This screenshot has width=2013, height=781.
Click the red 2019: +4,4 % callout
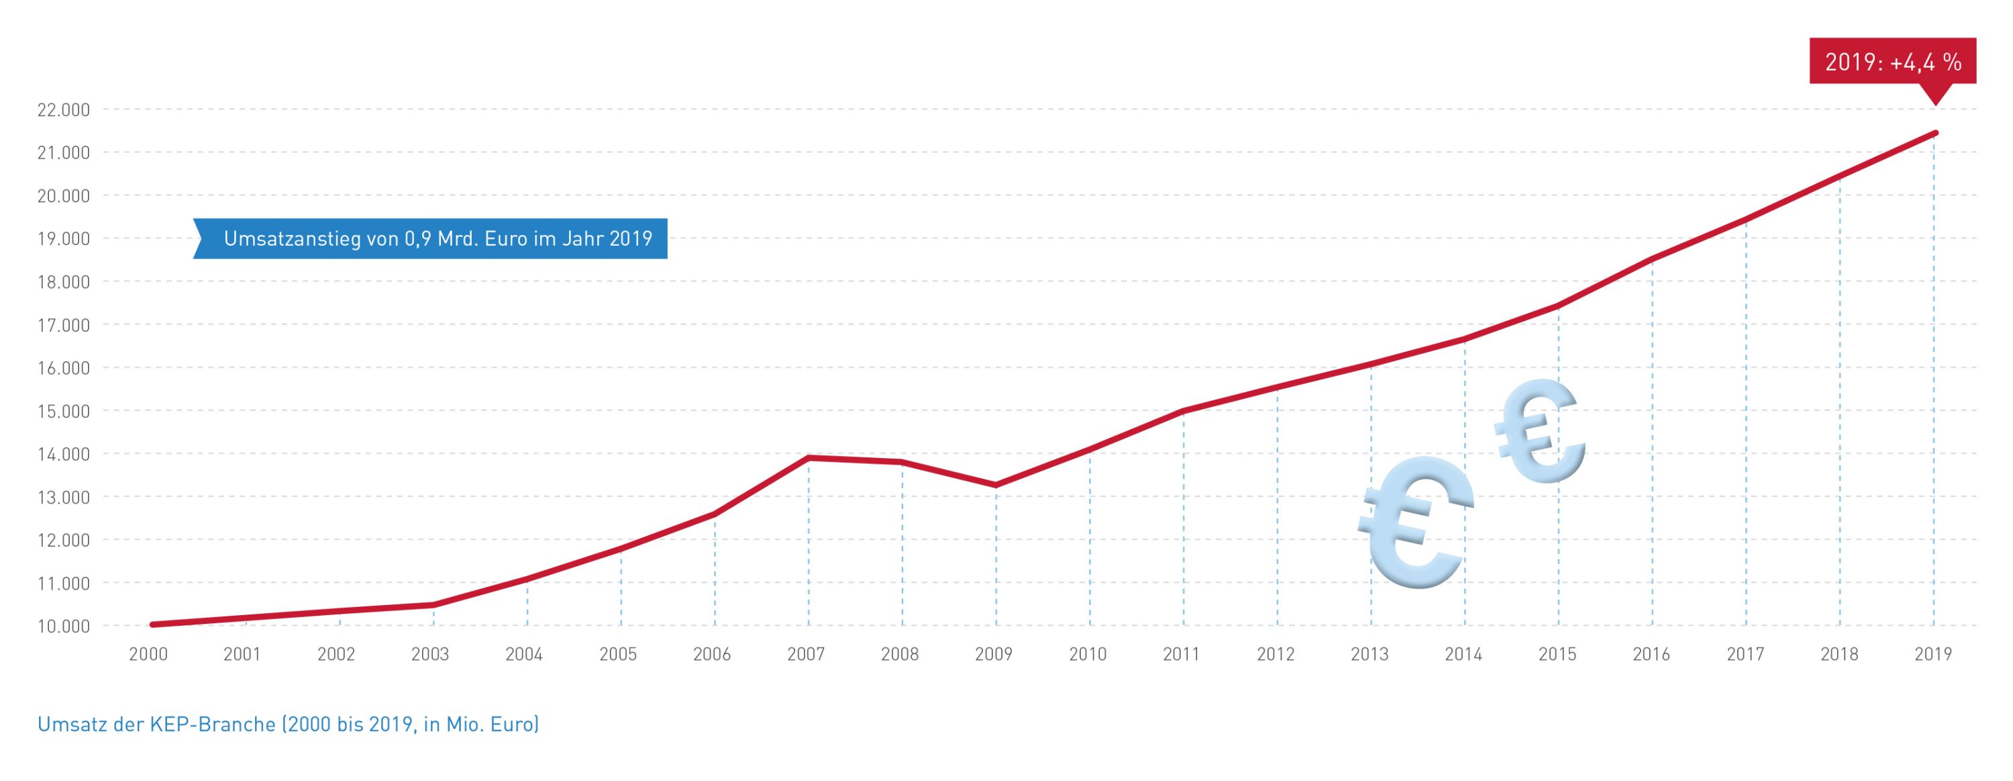click(1893, 61)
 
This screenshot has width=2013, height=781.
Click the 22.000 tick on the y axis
click(63, 110)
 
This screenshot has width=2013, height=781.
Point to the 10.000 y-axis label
click(63, 626)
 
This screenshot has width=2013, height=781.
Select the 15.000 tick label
click(63, 411)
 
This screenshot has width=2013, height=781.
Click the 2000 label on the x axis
click(148, 654)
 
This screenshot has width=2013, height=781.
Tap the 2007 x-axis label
click(806, 654)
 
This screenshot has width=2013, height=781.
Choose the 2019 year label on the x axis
click(1933, 654)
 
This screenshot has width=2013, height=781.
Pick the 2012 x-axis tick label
click(1276, 654)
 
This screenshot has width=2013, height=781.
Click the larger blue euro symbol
click(1414, 522)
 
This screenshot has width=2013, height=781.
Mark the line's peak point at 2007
click(808, 457)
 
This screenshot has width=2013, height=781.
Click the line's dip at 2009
click(996, 486)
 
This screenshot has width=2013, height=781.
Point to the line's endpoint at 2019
click(1935, 133)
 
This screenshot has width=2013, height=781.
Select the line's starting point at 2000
click(152, 625)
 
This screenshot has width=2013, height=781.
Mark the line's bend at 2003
click(433, 605)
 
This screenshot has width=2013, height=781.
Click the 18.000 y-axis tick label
click(63, 282)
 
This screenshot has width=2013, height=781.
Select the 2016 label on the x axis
click(1651, 654)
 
